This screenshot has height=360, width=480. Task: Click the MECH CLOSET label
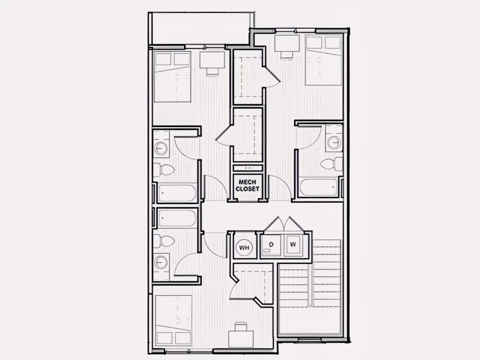pyautogui.click(x=247, y=185)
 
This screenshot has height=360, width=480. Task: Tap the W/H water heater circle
pyautogui.click(x=244, y=248)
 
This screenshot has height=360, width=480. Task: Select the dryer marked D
pyautogui.click(x=271, y=245)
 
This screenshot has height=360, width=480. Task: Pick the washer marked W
pyautogui.click(x=294, y=245)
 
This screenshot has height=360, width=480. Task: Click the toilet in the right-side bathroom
pyautogui.click(x=332, y=164)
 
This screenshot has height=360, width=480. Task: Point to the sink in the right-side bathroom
pyautogui.click(x=334, y=142)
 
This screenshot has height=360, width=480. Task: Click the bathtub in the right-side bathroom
pyautogui.click(x=318, y=187)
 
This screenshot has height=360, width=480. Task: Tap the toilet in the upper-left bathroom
pyautogui.click(x=164, y=170)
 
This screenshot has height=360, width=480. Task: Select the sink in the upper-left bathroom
pyautogui.click(x=161, y=149)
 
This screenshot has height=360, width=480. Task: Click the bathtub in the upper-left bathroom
pyautogui.click(x=177, y=193)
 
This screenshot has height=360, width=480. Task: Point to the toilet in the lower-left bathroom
pyautogui.click(x=164, y=241)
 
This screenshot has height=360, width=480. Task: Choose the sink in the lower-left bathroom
pyautogui.click(x=161, y=262)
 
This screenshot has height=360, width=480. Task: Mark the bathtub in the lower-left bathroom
pyautogui.click(x=177, y=218)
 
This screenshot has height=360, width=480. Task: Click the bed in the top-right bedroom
pyautogui.click(x=324, y=60)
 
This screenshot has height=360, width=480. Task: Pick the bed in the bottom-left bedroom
pyautogui.click(x=174, y=321)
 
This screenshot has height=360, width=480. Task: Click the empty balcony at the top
pyautogui.click(x=201, y=29)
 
